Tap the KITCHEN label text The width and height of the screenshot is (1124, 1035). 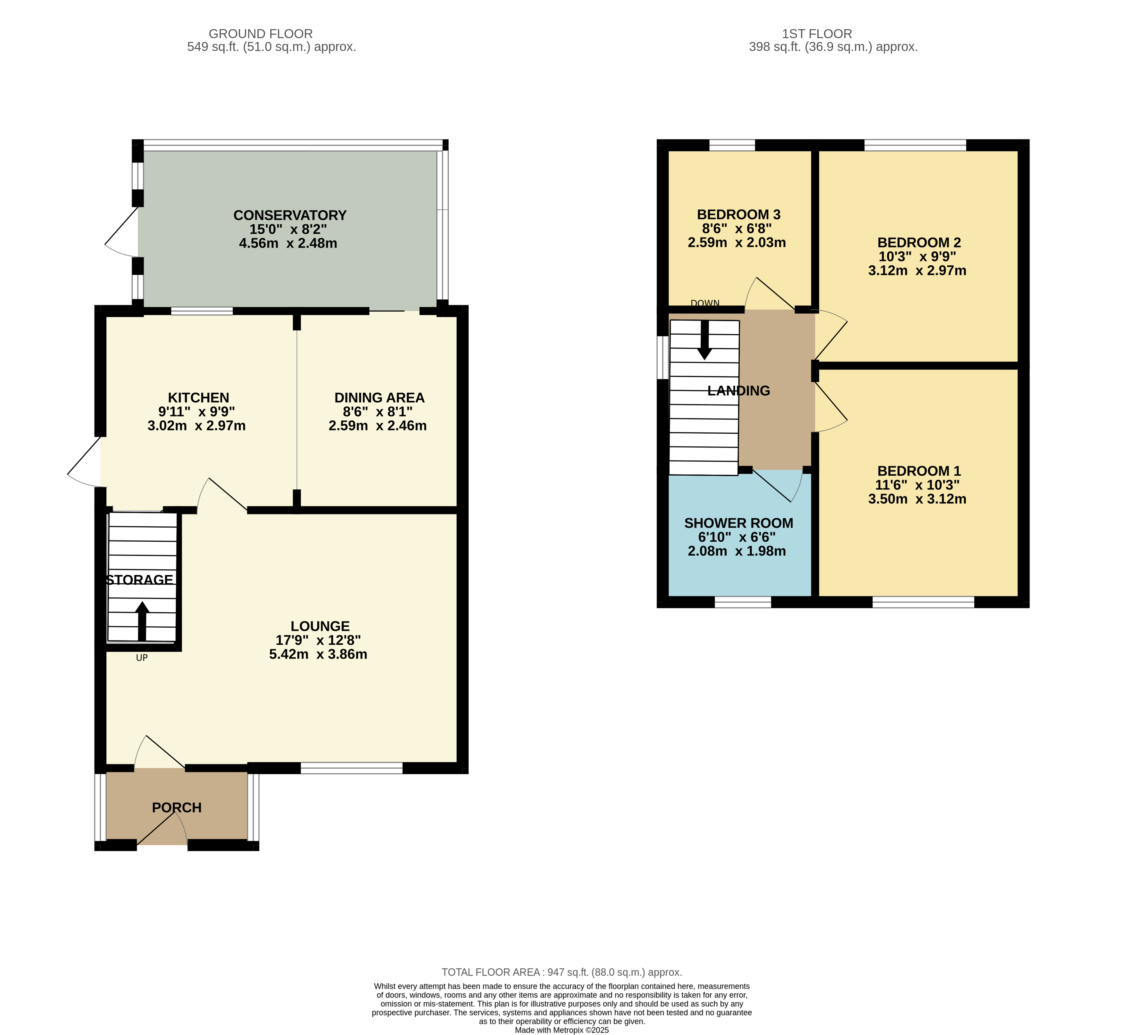click(199, 398)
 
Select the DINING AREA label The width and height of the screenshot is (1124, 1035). click(379, 398)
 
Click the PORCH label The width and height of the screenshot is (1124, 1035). click(177, 808)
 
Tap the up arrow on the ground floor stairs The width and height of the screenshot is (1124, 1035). click(142, 621)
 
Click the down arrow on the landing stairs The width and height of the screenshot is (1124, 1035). click(704, 340)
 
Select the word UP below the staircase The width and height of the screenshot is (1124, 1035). click(142, 657)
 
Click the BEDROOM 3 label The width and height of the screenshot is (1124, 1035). click(739, 214)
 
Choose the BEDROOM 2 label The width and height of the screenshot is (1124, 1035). click(919, 243)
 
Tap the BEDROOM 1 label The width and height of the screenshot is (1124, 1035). click(919, 471)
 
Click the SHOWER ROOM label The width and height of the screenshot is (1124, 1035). click(739, 523)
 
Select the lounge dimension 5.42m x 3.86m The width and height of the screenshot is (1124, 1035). click(318, 654)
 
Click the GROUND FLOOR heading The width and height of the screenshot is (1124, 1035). click(261, 34)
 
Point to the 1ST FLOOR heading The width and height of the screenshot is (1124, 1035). click(817, 34)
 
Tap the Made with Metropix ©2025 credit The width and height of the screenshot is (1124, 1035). click(562, 1030)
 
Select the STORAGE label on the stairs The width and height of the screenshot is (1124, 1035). click(139, 580)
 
